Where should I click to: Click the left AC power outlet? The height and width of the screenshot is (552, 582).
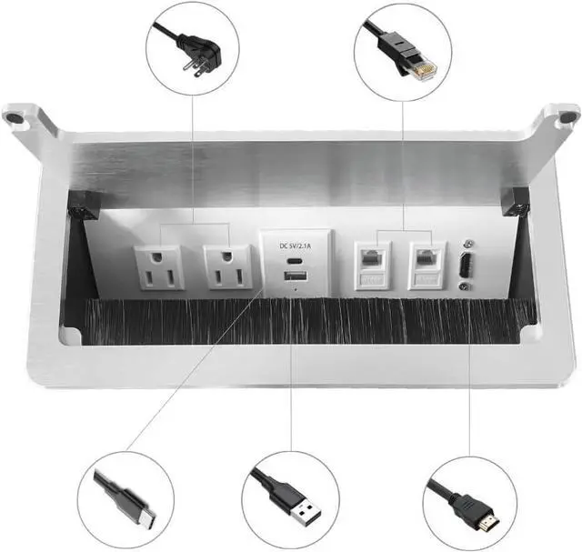[159, 266]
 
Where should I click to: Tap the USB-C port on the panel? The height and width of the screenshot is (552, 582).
[291, 258]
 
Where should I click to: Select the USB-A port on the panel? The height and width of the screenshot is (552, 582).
[291, 276]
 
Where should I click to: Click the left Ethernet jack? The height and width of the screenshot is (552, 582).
[372, 263]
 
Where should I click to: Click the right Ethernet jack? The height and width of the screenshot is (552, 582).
[426, 263]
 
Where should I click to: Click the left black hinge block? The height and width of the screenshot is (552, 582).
[85, 206]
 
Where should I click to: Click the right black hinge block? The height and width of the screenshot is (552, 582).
[515, 202]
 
